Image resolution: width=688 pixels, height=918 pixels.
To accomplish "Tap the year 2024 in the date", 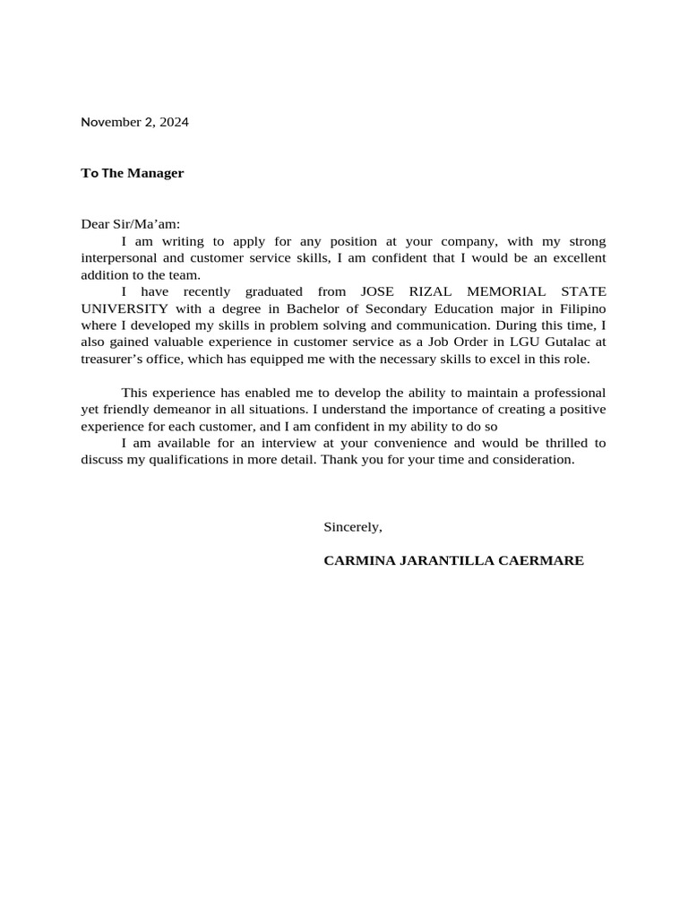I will [175, 123].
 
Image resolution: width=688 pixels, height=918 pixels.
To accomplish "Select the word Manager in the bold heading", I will [155, 173].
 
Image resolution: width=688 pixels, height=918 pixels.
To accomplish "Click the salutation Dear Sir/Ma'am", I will [130, 226].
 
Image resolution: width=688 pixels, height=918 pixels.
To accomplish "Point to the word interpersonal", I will [118, 258].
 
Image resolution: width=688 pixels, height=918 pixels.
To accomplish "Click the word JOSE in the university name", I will [377, 292].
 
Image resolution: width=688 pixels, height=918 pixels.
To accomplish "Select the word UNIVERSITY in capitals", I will [125, 308].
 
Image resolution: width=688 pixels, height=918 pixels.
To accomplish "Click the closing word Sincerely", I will [352, 527].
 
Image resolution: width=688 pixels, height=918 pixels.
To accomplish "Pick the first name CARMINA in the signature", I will [357, 561].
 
